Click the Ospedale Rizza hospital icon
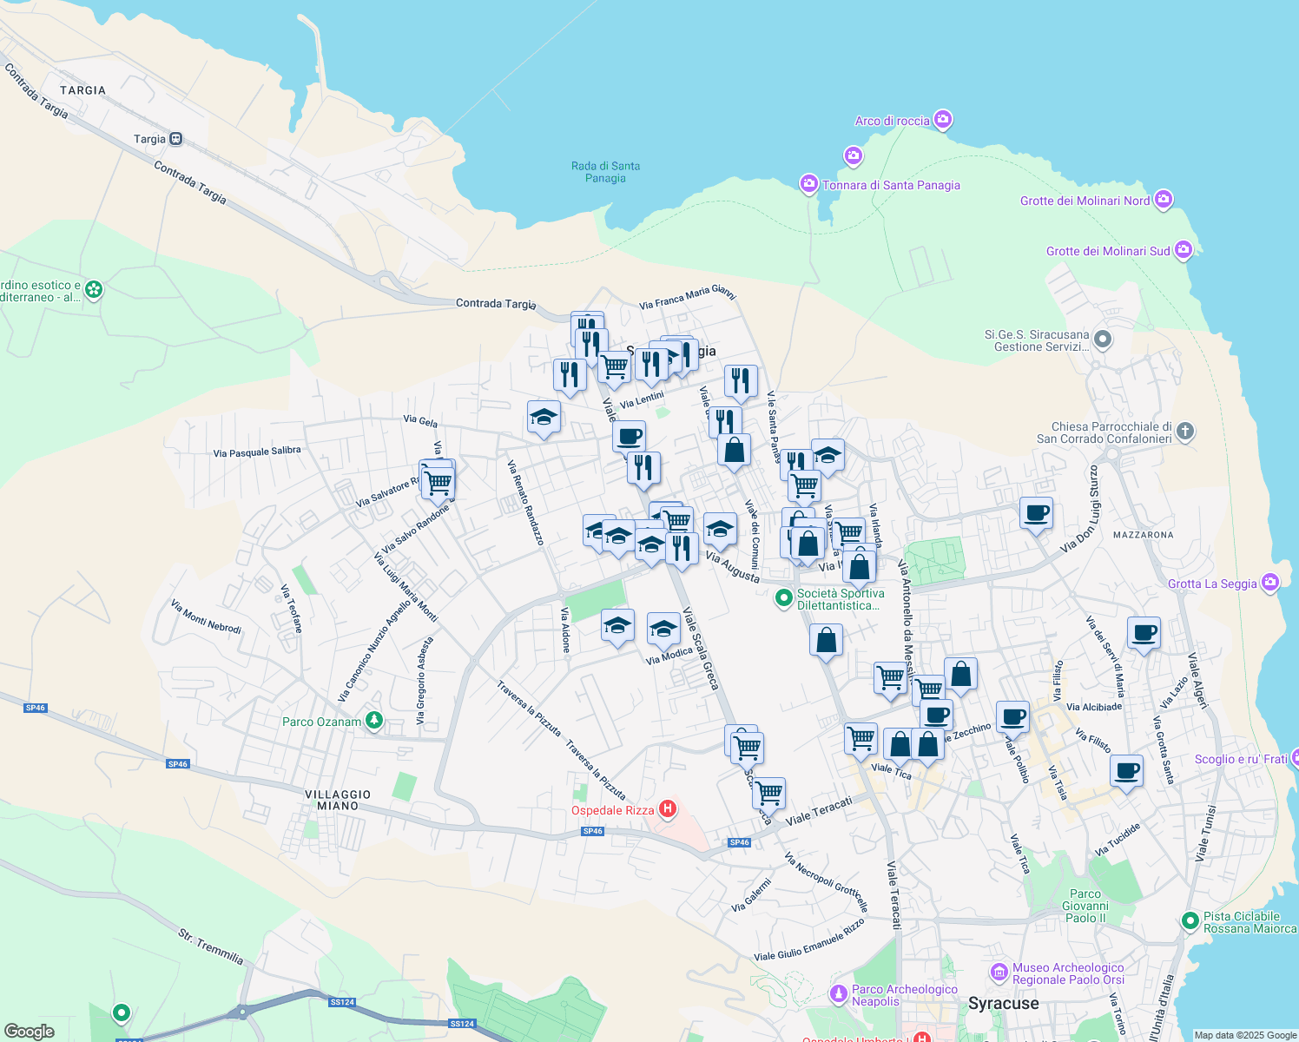point(668,810)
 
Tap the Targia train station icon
point(176,139)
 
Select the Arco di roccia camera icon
point(944,120)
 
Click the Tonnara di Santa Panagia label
point(891,185)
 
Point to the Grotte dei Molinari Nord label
point(1085,201)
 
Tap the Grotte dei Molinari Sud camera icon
point(1184,250)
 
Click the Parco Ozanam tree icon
point(374,721)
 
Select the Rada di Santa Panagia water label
point(605,172)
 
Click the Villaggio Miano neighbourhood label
point(338,800)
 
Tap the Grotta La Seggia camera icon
point(1271,583)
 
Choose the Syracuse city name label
point(1003,1004)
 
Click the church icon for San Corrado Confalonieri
point(1185,431)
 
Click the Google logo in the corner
point(29,1032)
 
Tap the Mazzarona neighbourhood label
point(1143,535)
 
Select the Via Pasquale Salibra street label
point(257,452)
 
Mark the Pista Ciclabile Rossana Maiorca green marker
point(1190,921)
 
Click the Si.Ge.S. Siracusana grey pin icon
point(1103,339)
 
